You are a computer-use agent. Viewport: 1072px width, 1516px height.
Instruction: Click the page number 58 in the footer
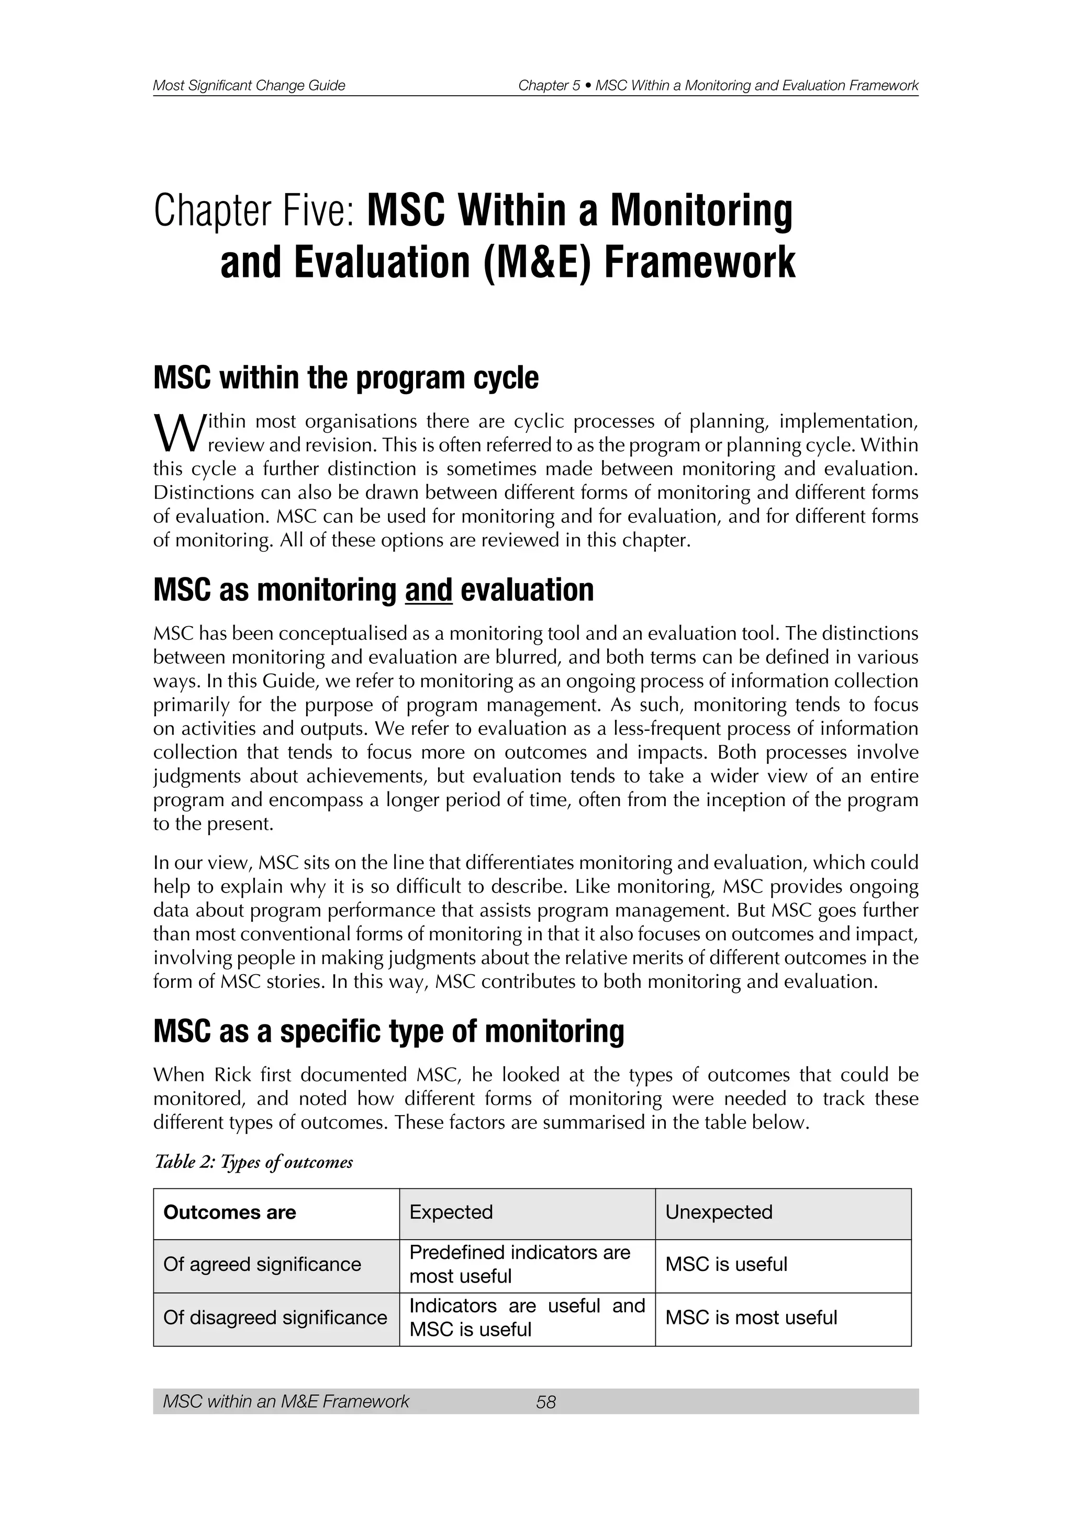pos(546,1401)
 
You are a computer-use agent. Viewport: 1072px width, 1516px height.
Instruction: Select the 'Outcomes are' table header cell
pos(230,1212)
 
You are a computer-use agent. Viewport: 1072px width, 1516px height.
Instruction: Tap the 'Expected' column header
pos(451,1212)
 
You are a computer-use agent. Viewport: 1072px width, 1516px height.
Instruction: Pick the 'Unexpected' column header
pos(718,1212)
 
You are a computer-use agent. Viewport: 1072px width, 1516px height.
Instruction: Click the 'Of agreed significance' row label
pos(262,1264)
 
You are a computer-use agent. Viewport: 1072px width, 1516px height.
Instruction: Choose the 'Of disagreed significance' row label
pos(275,1317)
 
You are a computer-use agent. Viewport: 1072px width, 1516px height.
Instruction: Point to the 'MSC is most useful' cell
pos(751,1317)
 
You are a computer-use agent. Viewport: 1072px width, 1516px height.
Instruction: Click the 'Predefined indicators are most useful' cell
pos(519,1264)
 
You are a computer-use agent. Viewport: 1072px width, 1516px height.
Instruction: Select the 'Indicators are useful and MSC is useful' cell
pos(527,1317)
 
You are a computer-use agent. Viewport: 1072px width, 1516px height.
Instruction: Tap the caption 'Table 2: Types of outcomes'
pos(253,1162)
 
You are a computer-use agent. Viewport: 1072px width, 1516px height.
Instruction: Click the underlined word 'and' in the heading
pos(428,589)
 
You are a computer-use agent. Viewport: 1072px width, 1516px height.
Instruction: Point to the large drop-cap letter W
pos(175,432)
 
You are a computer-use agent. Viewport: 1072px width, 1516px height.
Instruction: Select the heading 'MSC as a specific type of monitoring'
pos(388,1031)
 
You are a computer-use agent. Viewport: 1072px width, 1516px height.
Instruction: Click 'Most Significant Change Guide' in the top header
pos(249,85)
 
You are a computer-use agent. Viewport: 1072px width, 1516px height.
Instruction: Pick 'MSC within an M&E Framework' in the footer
pos(286,1401)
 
